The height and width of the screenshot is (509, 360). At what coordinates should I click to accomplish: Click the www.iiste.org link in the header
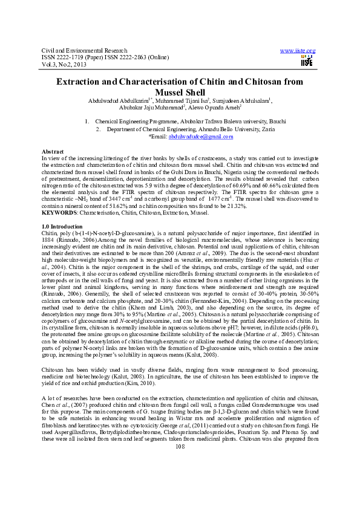(298, 50)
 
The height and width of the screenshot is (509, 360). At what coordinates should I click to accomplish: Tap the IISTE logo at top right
(307, 60)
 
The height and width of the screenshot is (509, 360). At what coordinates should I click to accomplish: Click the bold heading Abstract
(52, 151)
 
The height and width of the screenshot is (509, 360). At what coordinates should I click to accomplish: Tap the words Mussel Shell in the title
(180, 92)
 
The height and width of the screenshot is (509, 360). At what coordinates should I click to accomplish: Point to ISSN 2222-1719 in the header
(63, 57)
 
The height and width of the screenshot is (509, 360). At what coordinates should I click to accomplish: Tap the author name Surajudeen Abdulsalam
(241, 100)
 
